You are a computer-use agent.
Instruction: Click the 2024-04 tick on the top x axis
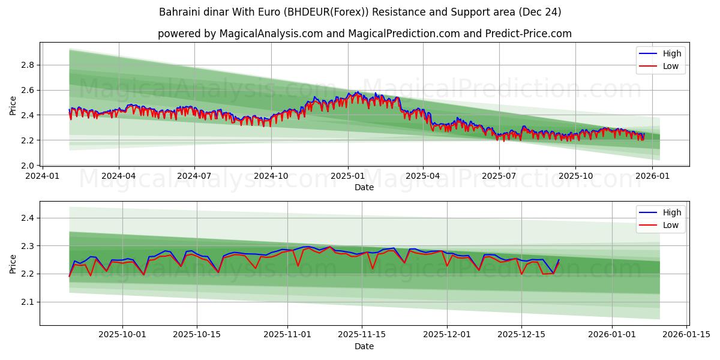[x=118, y=176]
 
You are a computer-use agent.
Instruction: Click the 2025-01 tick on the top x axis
[x=347, y=176]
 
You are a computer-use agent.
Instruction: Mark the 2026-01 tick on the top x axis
[x=652, y=176]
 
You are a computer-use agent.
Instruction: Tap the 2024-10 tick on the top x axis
[x=271, y=176]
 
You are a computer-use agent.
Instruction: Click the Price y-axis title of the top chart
[x=13, y=106]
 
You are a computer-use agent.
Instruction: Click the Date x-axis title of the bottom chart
[x=364, y=346]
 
